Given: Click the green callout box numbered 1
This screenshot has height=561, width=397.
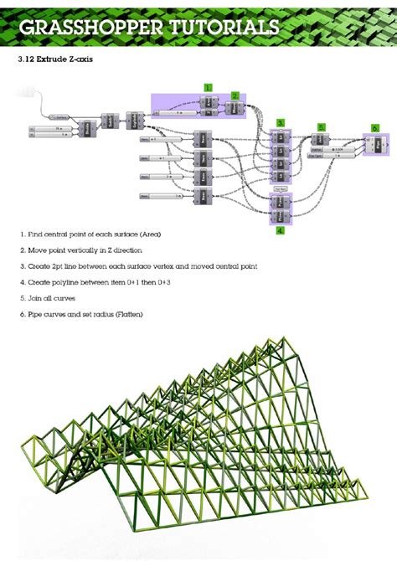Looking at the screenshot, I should pos(208,87).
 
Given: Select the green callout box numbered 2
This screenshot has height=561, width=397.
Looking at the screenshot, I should pos(235,95).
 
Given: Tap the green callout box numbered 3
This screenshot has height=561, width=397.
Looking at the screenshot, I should pos(281,122).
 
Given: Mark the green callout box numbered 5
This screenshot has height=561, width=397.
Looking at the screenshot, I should pos(320,127).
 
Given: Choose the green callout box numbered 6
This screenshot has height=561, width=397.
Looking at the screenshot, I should pos(375,127).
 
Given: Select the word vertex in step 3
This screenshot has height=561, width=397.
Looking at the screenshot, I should pos(169,265).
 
